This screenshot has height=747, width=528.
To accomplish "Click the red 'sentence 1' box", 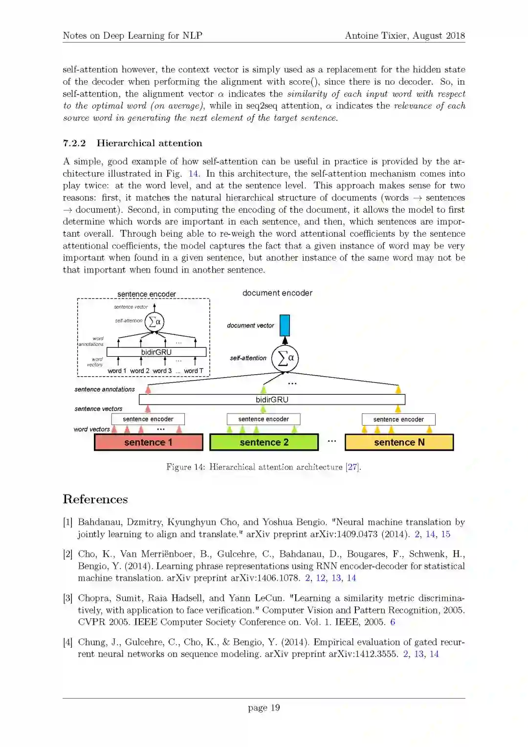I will (x=148, y=442).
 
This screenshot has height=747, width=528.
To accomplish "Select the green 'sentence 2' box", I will (x=264, y=442).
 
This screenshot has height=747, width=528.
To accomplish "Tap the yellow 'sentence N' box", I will (x=399, y=442).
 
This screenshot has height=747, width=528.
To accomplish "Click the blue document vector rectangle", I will (x=285, y=325).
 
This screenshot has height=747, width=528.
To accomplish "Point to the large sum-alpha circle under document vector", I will (x=285, y=358).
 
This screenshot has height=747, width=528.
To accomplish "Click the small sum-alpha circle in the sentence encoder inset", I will (x=154, y=322).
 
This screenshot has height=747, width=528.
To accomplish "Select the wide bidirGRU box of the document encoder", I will (x=272, y=400).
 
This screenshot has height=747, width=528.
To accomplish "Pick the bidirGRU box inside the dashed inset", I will (x=156, y=352).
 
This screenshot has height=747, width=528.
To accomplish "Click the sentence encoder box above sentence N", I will (x=398, y=419).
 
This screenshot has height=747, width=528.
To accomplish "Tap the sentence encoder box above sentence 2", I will (x=264, y=419).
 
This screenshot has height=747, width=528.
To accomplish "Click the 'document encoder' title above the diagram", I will (x=277, y=293).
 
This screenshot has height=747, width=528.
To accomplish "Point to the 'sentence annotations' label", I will (x=105, y=389).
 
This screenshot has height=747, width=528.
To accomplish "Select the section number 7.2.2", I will (x=74, y=143).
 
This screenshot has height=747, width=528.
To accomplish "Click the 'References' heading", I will (x=95, y=499).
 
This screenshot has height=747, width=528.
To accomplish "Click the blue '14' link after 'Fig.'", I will (x=194, y=174).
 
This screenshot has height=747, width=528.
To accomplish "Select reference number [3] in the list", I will (x=67, y=598).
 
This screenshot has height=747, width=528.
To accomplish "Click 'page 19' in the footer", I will (x=264, y=708).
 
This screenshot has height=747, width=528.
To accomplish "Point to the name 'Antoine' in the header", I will (x=361, y=36).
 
